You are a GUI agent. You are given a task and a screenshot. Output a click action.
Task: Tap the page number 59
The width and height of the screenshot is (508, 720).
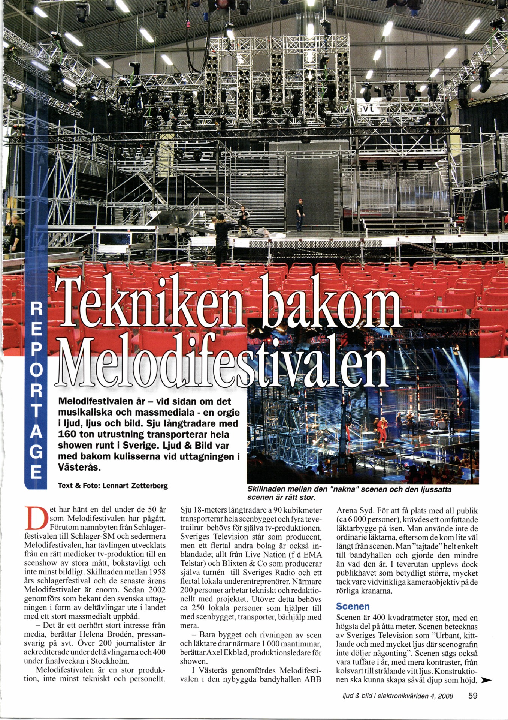[x=473, y=696]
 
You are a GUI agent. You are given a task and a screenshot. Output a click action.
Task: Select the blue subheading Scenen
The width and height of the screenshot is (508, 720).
[x=353, y=606]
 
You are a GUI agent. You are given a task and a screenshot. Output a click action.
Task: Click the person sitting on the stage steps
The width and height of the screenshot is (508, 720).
[x=243, y=217]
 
